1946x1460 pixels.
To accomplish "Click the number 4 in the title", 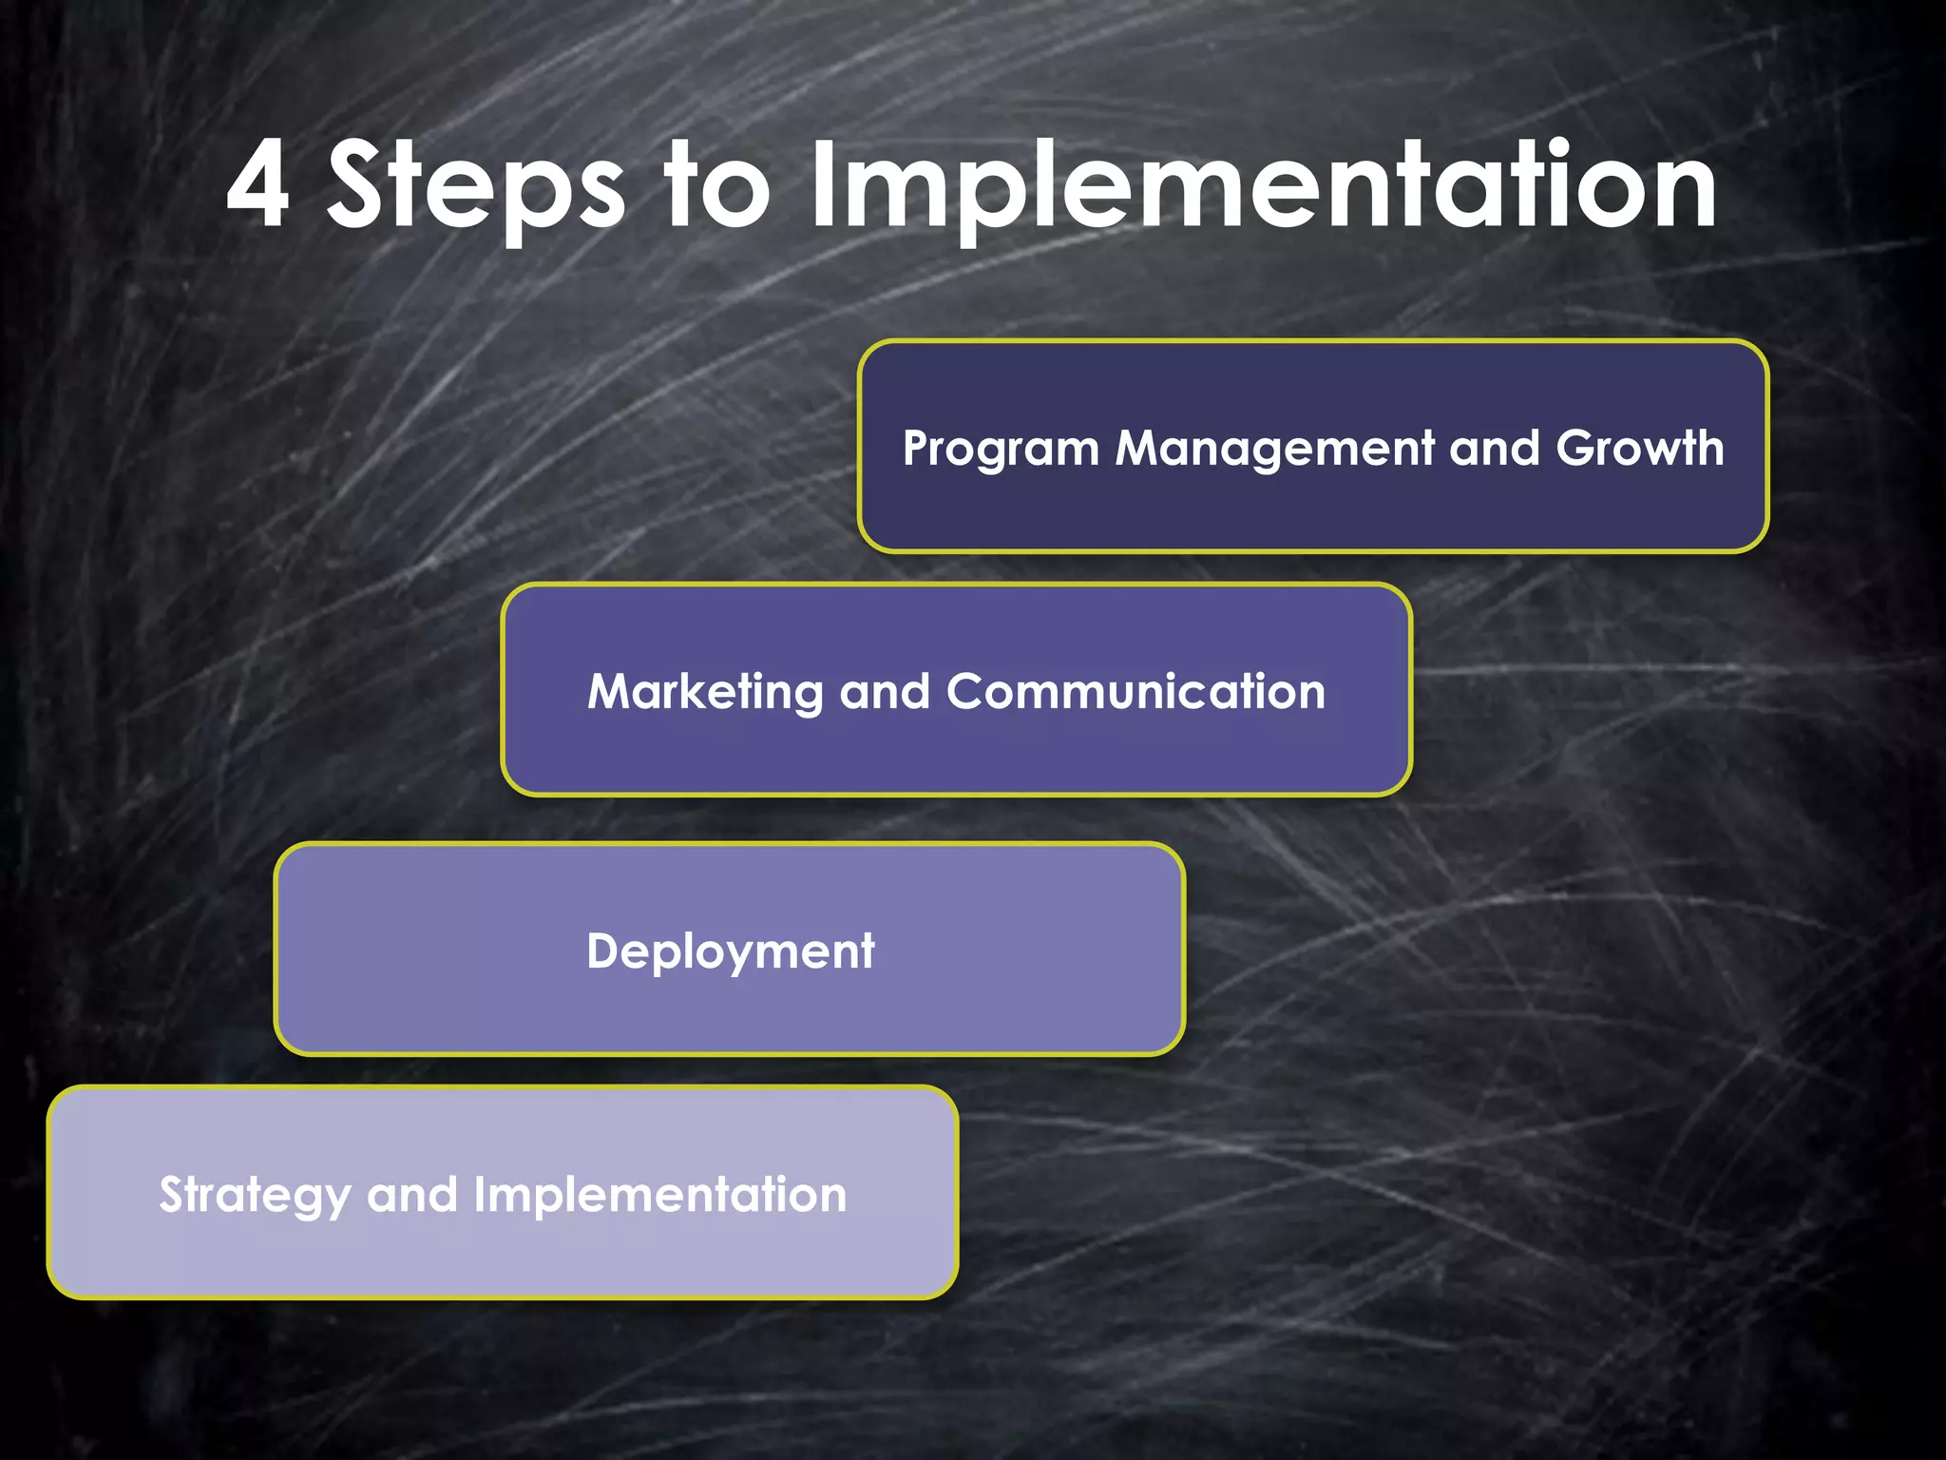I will tap(258, 185).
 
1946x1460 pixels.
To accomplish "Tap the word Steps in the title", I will tap(475, 185).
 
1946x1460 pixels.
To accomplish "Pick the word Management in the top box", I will tap(1274, 448).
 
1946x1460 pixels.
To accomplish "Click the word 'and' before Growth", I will tap(1494, 448).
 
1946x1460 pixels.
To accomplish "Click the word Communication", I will tap(1135, 692).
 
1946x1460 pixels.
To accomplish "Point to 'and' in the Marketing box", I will tap(885, 692).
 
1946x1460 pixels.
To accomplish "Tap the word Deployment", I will tap(730, 951).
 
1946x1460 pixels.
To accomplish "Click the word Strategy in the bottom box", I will tap(254, 1196).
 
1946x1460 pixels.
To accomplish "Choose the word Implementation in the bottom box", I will tap(659, 1195).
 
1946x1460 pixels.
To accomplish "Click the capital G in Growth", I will tap(1578, 448).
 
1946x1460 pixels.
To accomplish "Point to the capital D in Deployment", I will tap(606, 951).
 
